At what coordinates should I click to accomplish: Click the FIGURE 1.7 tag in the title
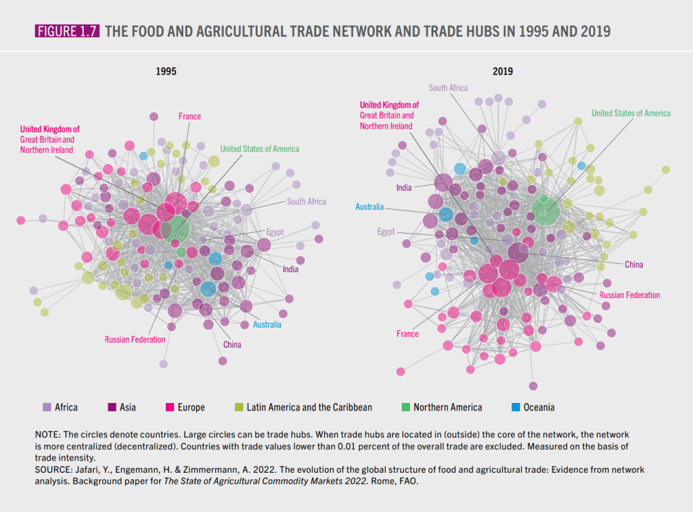(x=66, y=30)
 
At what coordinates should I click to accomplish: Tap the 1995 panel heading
(x=167, y=71)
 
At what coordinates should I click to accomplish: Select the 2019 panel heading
(x=502, y=71)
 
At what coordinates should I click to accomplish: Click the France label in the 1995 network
(x=189, y=116)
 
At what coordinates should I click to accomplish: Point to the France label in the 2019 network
(x=407, y=334)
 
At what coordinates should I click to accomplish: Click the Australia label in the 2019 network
(x=370, y=207)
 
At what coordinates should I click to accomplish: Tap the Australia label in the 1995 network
(x=267, y=324)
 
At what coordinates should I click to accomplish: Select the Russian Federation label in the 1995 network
(x=135, y=339)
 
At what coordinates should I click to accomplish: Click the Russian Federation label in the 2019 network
(x=629, y=295)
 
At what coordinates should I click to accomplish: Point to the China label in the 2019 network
(x=633, y=264)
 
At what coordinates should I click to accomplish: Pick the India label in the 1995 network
(x=290, y=269)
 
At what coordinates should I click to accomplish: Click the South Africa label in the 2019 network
(x=448, y=88)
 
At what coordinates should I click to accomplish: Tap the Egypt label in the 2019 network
(x=386, y=232)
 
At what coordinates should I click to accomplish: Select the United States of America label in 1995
(x=259, y=148)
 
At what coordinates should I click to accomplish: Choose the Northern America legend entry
(x=447, y=407)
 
